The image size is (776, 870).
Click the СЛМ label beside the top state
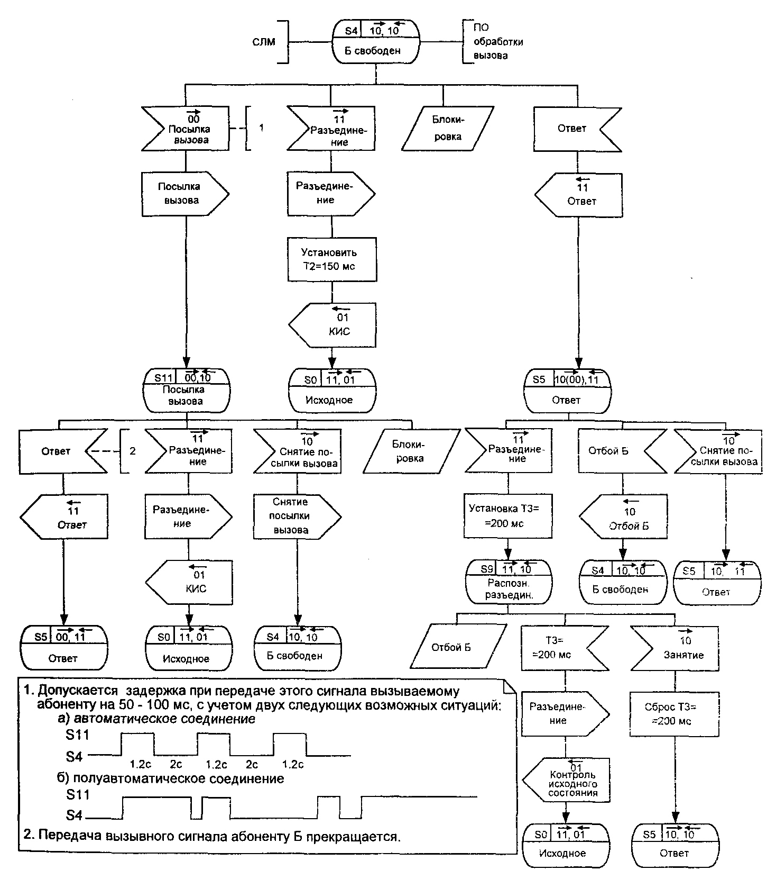264,41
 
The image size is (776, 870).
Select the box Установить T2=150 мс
332,259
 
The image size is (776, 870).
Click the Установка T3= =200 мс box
508,516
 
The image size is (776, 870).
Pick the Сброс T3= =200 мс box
675,713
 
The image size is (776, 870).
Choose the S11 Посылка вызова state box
187,391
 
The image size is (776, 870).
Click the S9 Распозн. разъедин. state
508,582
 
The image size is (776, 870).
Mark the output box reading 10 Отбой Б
623,516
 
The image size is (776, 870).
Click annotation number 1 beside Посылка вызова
261,128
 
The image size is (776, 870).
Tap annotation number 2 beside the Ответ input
133,451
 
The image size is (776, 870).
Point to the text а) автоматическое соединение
157,719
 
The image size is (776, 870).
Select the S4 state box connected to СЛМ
375,41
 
